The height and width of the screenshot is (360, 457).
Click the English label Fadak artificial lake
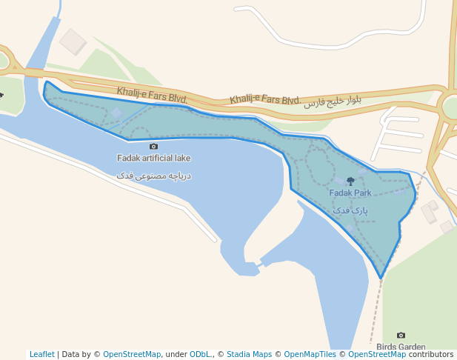[153, 158]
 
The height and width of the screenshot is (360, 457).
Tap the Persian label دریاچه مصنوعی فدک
[153, 176]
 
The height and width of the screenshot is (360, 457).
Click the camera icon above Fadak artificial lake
[153, 147]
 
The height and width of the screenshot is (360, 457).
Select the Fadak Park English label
[350, 193]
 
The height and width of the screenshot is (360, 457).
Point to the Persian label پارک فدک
[350, 211]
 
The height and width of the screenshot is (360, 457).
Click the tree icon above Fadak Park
[350, 181]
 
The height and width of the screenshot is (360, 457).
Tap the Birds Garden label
[401, 347]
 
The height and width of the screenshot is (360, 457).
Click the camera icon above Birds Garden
[401, 336]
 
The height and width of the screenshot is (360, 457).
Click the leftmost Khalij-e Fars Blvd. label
[152, 95]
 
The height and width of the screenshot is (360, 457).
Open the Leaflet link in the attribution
[41, 354]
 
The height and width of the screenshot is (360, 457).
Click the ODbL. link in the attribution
[201, 354]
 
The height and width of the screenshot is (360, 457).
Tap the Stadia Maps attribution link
[249, 354]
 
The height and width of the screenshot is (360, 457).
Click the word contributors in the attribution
[431, 354]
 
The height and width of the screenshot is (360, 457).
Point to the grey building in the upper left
[73, 41]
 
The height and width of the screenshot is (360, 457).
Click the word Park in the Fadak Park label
[361, 193]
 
